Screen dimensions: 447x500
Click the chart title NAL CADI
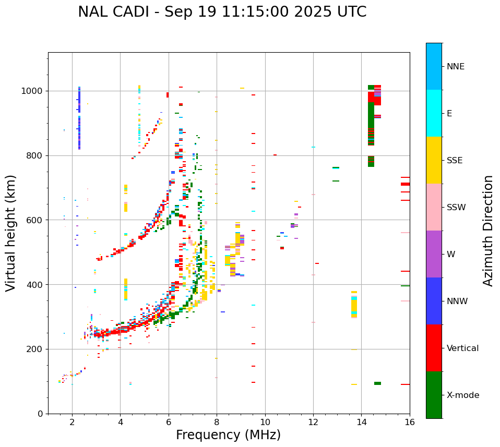point(222,12)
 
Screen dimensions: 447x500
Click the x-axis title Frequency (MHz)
point(228,435)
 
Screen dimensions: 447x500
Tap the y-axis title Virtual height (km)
point(11,233)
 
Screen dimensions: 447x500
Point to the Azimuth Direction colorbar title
point(488,230)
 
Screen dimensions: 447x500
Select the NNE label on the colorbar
point(455,67)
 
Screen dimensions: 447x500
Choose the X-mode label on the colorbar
point(462,395)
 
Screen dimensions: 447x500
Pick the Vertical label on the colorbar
point(462,348)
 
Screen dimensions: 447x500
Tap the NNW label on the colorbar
point(457,301)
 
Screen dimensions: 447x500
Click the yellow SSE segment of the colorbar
point(434,160)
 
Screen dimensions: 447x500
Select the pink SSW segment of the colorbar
point(434,207)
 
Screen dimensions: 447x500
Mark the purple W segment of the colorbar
point(434,254)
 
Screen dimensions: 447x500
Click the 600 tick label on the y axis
point(36,220)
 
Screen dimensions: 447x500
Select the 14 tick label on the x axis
point(361,422)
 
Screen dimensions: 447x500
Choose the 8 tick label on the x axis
point(217,422)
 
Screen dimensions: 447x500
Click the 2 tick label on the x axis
point(72,422)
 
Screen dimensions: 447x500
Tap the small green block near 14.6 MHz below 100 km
point(377,383)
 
